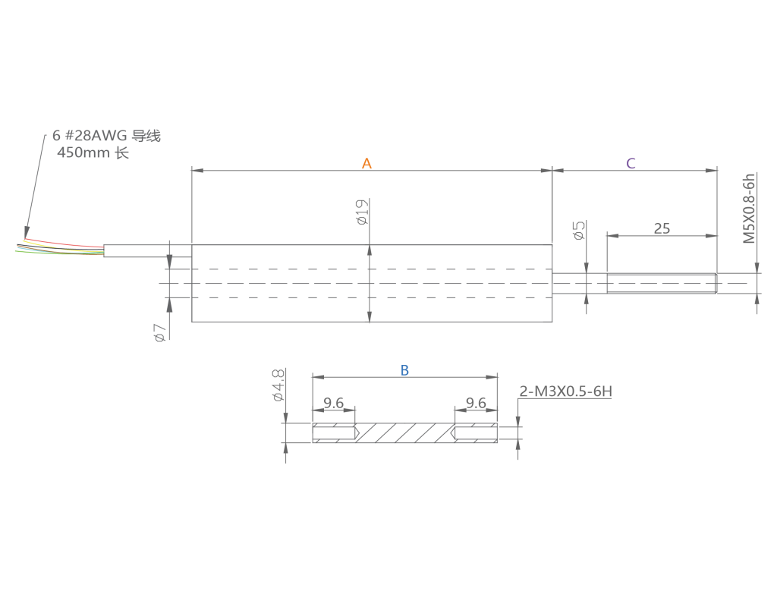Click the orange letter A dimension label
[366, 164]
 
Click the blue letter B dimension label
[404, 370]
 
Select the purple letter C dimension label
[631, 164]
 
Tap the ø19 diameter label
[362, 212]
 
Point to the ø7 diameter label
[159, 332]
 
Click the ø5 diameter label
[579, 231]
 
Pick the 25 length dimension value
[662, 228]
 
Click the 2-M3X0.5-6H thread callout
[565, 391]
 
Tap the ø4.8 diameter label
[278, 385]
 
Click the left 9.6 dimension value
[334, 403]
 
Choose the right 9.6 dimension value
[475, 403]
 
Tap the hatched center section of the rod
[404, 433]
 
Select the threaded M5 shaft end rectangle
[661, 283]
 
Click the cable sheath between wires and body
[137, 250]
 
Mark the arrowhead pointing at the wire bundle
[27, 231]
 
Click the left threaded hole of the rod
[334, 433]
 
